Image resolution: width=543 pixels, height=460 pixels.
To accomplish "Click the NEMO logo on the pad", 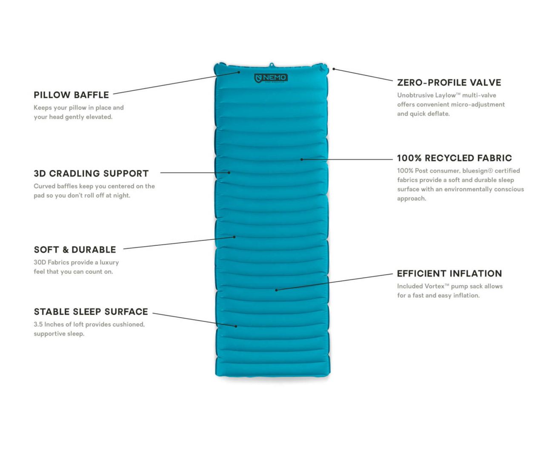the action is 271,78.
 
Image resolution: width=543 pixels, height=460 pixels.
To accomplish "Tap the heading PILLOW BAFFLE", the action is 71,95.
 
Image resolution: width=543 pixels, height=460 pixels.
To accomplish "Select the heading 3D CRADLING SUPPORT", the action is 91,174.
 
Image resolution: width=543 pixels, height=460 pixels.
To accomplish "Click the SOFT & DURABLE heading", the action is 75,250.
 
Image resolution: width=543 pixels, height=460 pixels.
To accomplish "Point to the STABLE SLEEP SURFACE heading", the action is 91,312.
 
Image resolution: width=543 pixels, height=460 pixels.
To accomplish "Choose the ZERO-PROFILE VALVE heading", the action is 449,83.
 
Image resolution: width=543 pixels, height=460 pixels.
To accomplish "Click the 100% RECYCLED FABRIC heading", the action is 454,158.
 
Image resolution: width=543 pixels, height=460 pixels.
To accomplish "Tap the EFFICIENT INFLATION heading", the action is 449,273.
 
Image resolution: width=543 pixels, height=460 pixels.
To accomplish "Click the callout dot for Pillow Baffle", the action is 239,72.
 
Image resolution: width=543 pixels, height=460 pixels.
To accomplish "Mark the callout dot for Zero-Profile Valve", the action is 334,69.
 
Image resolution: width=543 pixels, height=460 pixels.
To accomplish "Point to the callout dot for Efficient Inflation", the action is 276,290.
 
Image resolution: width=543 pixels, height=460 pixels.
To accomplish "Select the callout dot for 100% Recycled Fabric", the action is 302,159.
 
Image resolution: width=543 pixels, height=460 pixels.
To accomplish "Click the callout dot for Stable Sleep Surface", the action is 236,326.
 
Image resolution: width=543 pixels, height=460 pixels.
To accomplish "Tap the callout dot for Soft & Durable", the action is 234,237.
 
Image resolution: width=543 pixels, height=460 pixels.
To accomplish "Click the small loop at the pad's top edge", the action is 271,65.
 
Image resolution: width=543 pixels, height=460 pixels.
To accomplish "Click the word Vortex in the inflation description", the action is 434,286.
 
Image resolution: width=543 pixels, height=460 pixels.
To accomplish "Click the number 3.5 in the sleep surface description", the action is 38,325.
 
